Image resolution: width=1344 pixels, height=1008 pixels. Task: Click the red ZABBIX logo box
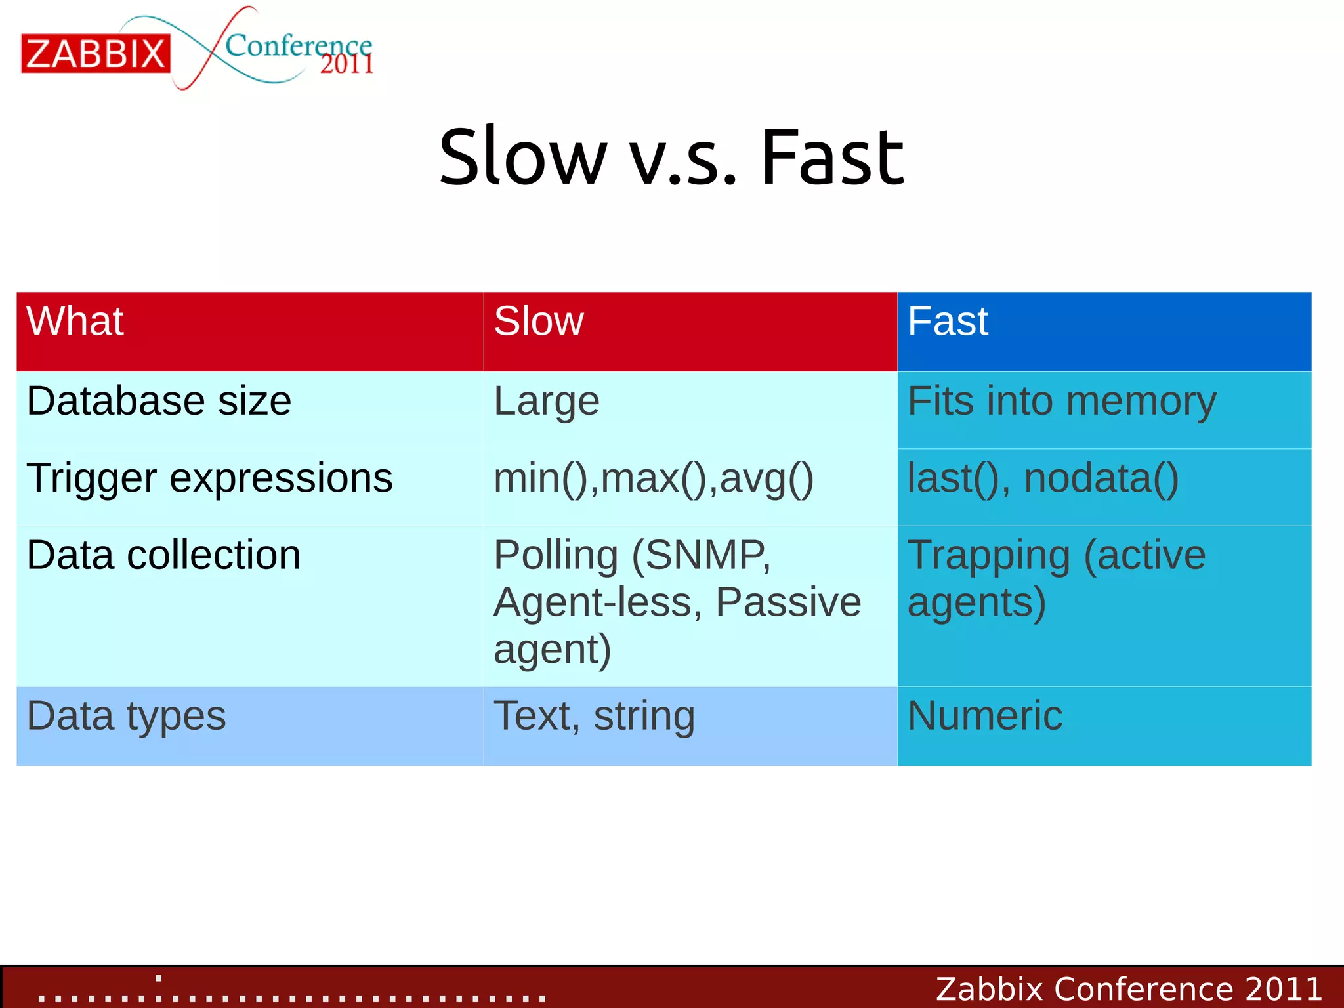click(x=96, y=53)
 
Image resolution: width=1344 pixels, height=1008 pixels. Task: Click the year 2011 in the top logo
click(x=346, y=64)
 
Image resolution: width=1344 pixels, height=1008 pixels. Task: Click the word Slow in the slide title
click(x=522, y=157)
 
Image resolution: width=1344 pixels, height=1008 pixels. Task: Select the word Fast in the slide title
click(x=832, y=157)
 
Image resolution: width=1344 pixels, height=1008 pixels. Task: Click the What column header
click(x=75, y=322)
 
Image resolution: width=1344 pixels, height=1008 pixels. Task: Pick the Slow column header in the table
click(x=538, y=322)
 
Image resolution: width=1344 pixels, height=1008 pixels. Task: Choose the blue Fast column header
click(x=948, y=322)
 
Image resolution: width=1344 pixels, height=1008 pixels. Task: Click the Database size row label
click(x=159, y=401)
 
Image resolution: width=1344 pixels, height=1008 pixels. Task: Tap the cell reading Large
click(x=546, y=401)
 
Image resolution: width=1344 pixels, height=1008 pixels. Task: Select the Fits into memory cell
click(x=1061, y=401)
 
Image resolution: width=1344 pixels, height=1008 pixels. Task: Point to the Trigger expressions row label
click(x=209, y=478)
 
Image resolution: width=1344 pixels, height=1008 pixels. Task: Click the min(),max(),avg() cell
click(x=653, y=478)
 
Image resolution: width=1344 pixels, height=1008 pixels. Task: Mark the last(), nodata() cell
click(x=1043, y=478)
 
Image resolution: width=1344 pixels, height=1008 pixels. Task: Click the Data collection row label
click(x=163, y=555)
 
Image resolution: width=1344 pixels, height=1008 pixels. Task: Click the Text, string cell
click(x=594, y=715)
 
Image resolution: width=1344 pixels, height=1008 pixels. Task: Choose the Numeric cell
click(x=984, y=715)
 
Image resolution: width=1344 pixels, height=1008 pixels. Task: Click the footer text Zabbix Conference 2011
click(x=1128, y=988)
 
